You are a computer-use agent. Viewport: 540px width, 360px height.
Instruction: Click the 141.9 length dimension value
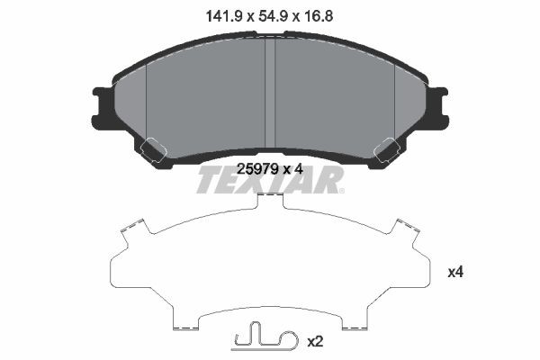(x=219, y=14)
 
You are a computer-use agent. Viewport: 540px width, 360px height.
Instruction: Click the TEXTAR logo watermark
(x=269, y=180)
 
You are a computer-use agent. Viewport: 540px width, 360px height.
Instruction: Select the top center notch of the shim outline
(x=271, y=203)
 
